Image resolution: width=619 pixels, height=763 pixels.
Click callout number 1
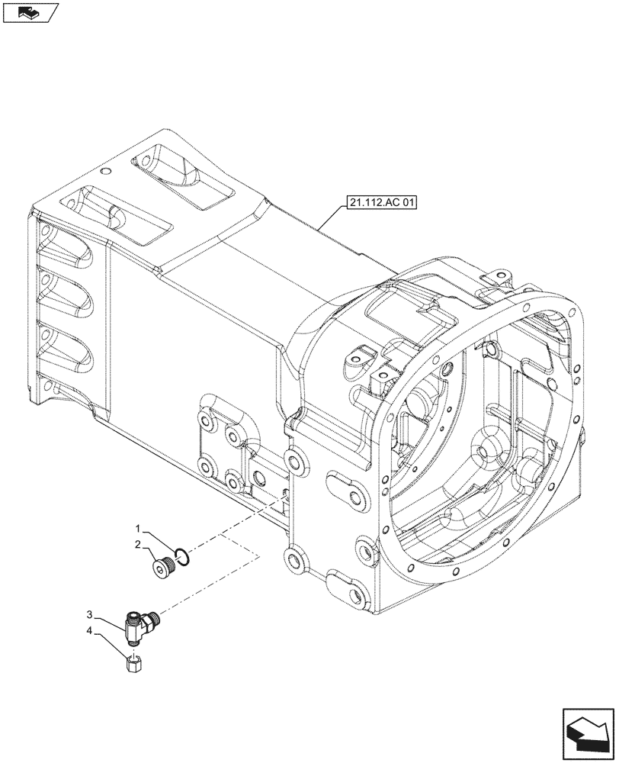[x=138, y=528]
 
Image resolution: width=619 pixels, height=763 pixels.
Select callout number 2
[x=138, y=544]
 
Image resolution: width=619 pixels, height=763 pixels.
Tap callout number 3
[x=89, y=614]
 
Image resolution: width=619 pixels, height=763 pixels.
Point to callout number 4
[x=89, y=630]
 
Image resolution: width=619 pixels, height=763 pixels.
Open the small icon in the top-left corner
[x=30, y=11]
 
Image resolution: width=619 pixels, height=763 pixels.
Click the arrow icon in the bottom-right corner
[x=587, y=733]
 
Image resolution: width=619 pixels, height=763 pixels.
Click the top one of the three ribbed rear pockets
[x=65, y=243]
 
